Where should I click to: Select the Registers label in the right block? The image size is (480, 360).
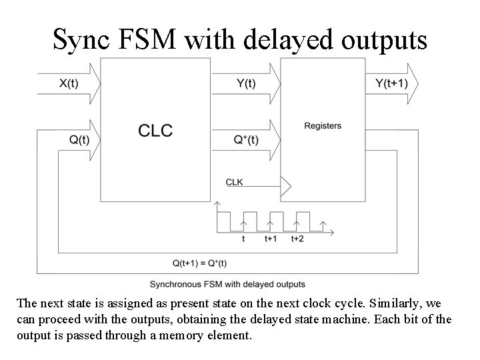[323, 125]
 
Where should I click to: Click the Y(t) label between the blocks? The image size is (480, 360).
[246, 83]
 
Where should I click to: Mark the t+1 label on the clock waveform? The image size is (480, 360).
[271, 238]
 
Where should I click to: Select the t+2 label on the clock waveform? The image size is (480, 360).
[297, 238]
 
